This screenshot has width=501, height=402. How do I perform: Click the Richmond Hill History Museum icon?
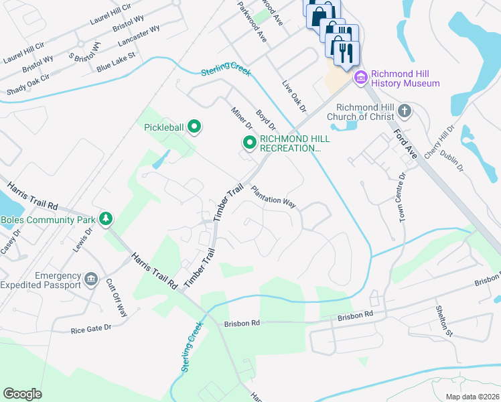pos(361,78)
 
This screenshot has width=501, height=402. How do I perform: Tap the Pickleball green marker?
pos(194,127)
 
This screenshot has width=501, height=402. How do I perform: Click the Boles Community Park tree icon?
pos(104,219)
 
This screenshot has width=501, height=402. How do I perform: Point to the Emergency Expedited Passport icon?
pos(91,278)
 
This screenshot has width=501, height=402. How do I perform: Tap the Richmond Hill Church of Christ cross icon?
pos(404,111)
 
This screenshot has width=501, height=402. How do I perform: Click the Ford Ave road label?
pos(405,143)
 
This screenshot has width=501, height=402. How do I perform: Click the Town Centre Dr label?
pos(403,198)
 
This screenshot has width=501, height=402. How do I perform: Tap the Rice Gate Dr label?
pos(90,330)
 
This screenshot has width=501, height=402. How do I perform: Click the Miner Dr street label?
pos(241,118)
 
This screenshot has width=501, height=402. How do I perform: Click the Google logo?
pos(22,394)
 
